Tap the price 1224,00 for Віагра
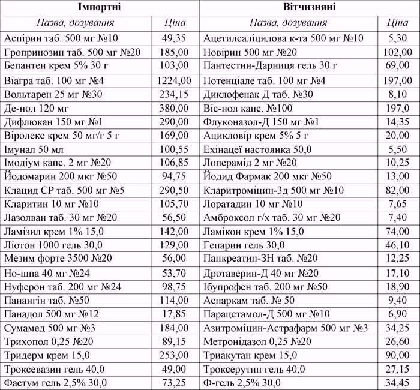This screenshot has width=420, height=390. pos(174,80)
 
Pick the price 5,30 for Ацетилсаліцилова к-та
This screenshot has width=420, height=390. pos(398,38)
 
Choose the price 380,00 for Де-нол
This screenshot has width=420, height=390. pos(174,107)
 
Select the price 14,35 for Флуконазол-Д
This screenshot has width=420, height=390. pos(398,121)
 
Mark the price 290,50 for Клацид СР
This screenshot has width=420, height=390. pos(174,190)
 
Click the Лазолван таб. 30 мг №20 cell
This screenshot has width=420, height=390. pos(61,218)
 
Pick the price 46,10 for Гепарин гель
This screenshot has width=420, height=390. pos(398,245)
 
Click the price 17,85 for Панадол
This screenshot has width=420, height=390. pos(174,314)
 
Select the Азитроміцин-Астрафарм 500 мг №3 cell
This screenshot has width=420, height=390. pos(286,328)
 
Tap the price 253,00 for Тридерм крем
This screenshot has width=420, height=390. pos(174,355)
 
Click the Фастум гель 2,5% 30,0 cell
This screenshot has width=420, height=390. pos(55,383)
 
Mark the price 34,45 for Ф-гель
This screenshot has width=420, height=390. pos(398,383)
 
